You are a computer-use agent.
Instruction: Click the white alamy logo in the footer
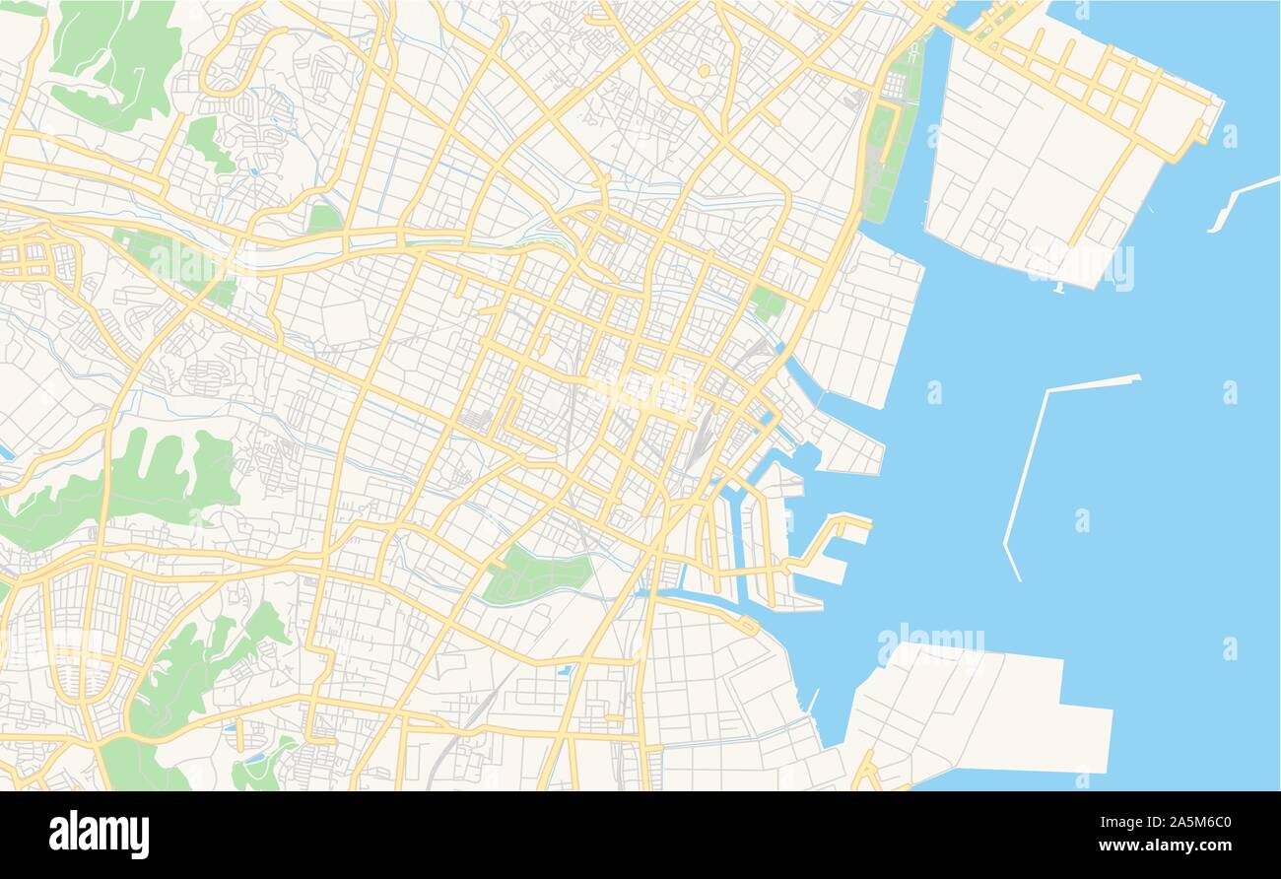click(x=99, y=834)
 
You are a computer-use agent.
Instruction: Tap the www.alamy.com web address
click(x=1169, y=845)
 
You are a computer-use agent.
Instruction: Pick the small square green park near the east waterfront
click(x=767, y=304)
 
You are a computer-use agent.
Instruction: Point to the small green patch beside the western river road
click(x=323, y=219)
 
